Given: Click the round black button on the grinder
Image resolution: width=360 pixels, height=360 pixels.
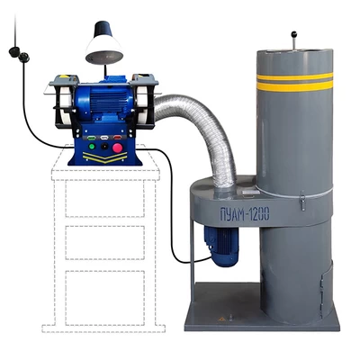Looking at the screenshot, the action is click(x=104, y=147).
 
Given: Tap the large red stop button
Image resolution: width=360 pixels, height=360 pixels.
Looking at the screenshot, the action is click(x=117, y=147).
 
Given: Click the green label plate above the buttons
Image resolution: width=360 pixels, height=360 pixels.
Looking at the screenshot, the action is click(x=91, y=138).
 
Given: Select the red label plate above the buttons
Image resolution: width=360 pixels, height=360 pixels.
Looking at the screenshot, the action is click(x=117, y=138).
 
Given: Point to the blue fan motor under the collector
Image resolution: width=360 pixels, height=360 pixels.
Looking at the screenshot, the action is click(x=220, y=245).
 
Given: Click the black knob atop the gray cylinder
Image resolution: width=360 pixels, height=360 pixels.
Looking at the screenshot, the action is click(x=294, y=33).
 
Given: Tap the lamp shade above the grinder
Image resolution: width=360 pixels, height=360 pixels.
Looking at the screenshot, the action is click(x=104, y=43).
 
